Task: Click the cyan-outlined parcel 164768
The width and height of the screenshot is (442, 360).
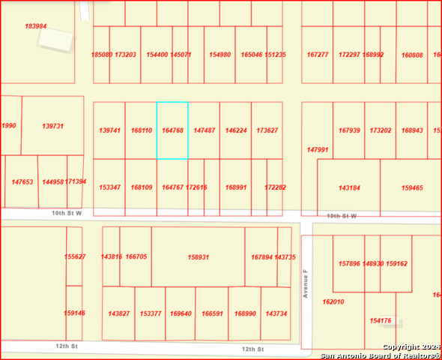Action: [172, 130]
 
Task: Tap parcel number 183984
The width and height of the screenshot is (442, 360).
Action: [35, 26]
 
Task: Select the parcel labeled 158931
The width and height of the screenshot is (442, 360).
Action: [198, 257]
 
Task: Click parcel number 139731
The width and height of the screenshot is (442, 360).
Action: [52, 126]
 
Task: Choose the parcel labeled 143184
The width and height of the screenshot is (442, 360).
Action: [349, 187]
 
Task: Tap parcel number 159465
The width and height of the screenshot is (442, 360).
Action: [412, 187]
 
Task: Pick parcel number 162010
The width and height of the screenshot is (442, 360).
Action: [333, 301]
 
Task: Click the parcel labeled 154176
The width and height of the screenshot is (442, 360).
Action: [381, 320]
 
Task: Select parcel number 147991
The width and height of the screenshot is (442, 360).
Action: [318, 149]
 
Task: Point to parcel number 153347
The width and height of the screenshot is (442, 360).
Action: [109, 187]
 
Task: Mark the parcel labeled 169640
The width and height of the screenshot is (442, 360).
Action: [180, 313]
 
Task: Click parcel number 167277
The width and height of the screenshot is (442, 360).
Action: [318, 55]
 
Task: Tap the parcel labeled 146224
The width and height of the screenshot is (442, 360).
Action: [236, 130]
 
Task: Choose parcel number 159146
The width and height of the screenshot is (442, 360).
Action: [74, 313]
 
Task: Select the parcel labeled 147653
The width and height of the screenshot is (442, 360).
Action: [22, 181]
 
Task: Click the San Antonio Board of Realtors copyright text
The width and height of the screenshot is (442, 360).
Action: [381, 351]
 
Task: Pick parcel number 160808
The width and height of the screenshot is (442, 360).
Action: [412, 55]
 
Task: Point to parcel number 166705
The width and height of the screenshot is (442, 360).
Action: [136, 256]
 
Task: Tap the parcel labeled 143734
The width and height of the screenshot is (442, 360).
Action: [275, 313]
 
